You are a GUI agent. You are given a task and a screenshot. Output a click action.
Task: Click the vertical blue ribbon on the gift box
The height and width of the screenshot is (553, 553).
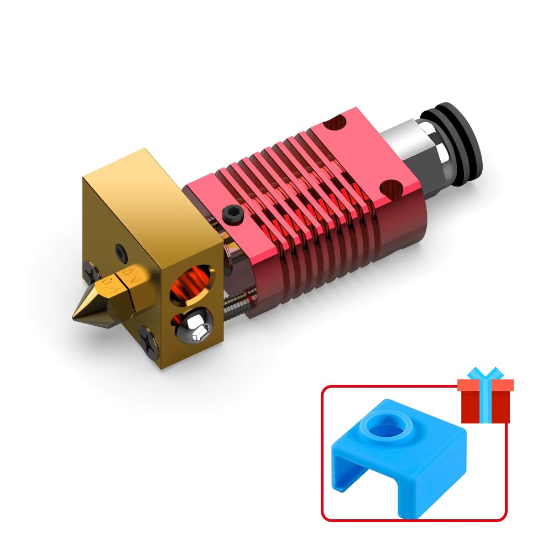pyautogui.click(x=485, y=406)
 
